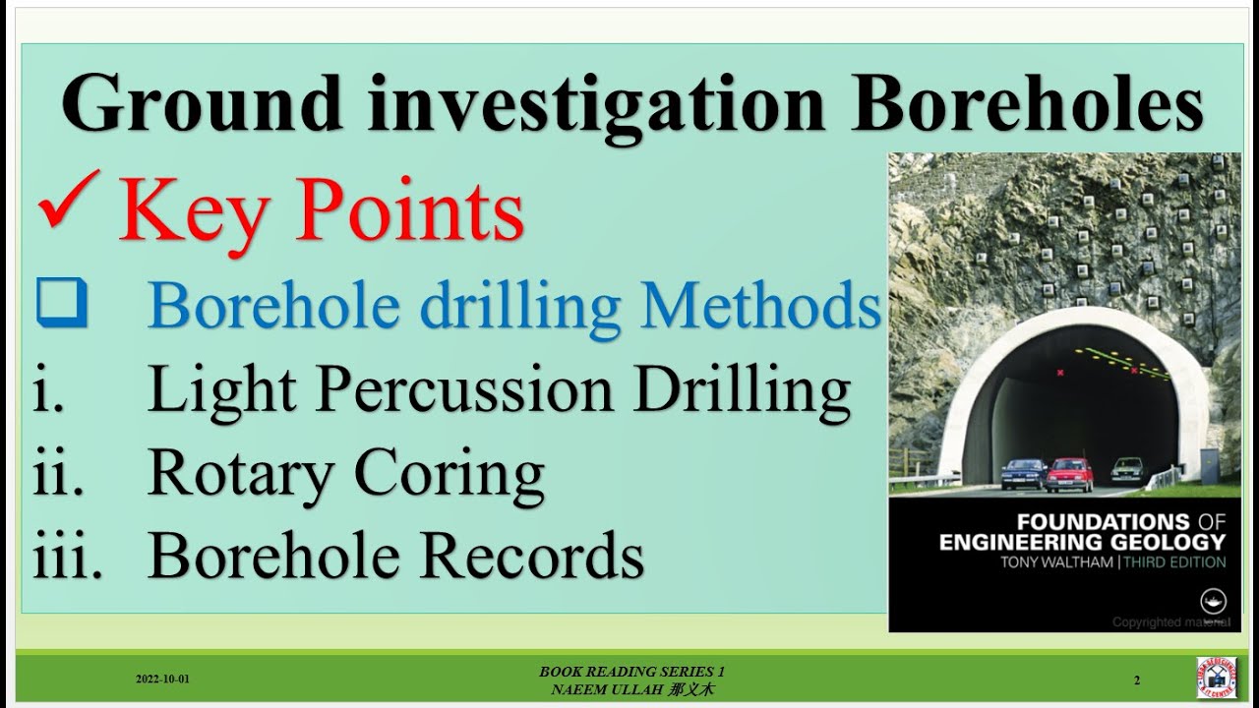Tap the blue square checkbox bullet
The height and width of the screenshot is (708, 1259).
[x=62, y=304]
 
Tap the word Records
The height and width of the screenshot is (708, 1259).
[x=532, y=556]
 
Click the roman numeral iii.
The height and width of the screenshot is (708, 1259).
[x=67, y=556]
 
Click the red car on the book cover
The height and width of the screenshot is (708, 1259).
[x=1069, y=474]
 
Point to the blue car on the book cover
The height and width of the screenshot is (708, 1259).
[x=1023, y=474]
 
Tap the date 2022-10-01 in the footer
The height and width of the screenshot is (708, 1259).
[x=162, y=679]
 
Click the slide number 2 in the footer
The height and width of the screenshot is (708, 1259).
[x=1137, y=679]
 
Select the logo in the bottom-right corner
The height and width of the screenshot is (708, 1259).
[x=1216, y=678]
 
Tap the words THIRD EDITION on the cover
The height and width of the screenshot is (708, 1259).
[x=1177, y=562]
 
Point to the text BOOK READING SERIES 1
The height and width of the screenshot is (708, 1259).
[x=631, y=672]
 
